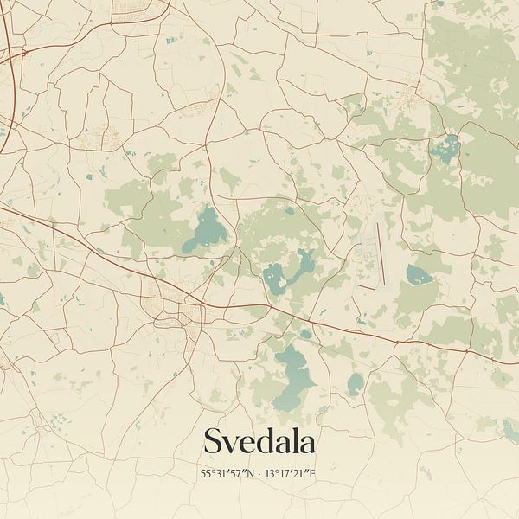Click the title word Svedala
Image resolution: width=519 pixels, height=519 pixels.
coord(259,442)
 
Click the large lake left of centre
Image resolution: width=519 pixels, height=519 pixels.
coord(207,229)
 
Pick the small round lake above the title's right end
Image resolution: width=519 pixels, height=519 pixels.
coord(355,383)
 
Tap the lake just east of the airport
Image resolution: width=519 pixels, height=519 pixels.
coord(419,276)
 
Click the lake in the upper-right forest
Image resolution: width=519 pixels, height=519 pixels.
coord(447,148)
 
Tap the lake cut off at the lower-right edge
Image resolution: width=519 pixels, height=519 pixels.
coord(511,429)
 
